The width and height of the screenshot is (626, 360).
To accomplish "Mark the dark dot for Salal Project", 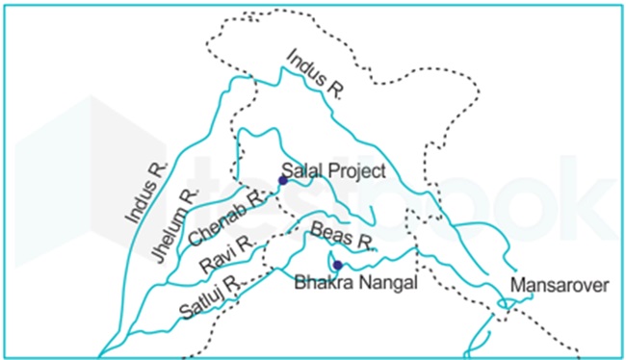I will click(282, 179).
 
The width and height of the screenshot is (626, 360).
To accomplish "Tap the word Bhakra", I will click(323, 283).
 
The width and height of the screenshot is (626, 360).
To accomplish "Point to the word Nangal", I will click(387, 283).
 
